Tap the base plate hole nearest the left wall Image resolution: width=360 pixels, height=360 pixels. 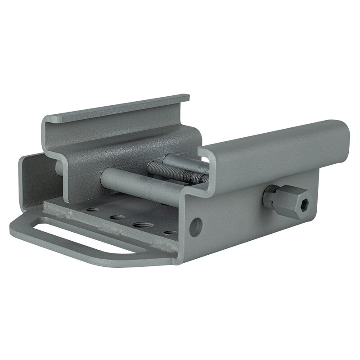(93, 210)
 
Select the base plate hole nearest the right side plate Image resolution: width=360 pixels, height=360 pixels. (170, 233)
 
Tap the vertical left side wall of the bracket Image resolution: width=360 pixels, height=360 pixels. (31, 180)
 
